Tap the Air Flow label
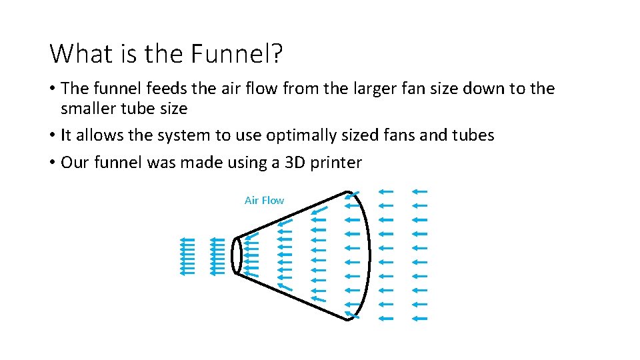pos(264,200)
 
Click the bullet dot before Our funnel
pos(53,163)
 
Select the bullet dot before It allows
pos(53,135)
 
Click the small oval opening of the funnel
pos(237,255)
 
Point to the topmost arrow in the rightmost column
pos(419,191)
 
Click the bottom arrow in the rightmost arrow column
pos(419,319)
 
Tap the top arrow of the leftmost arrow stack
pos(187,239)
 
